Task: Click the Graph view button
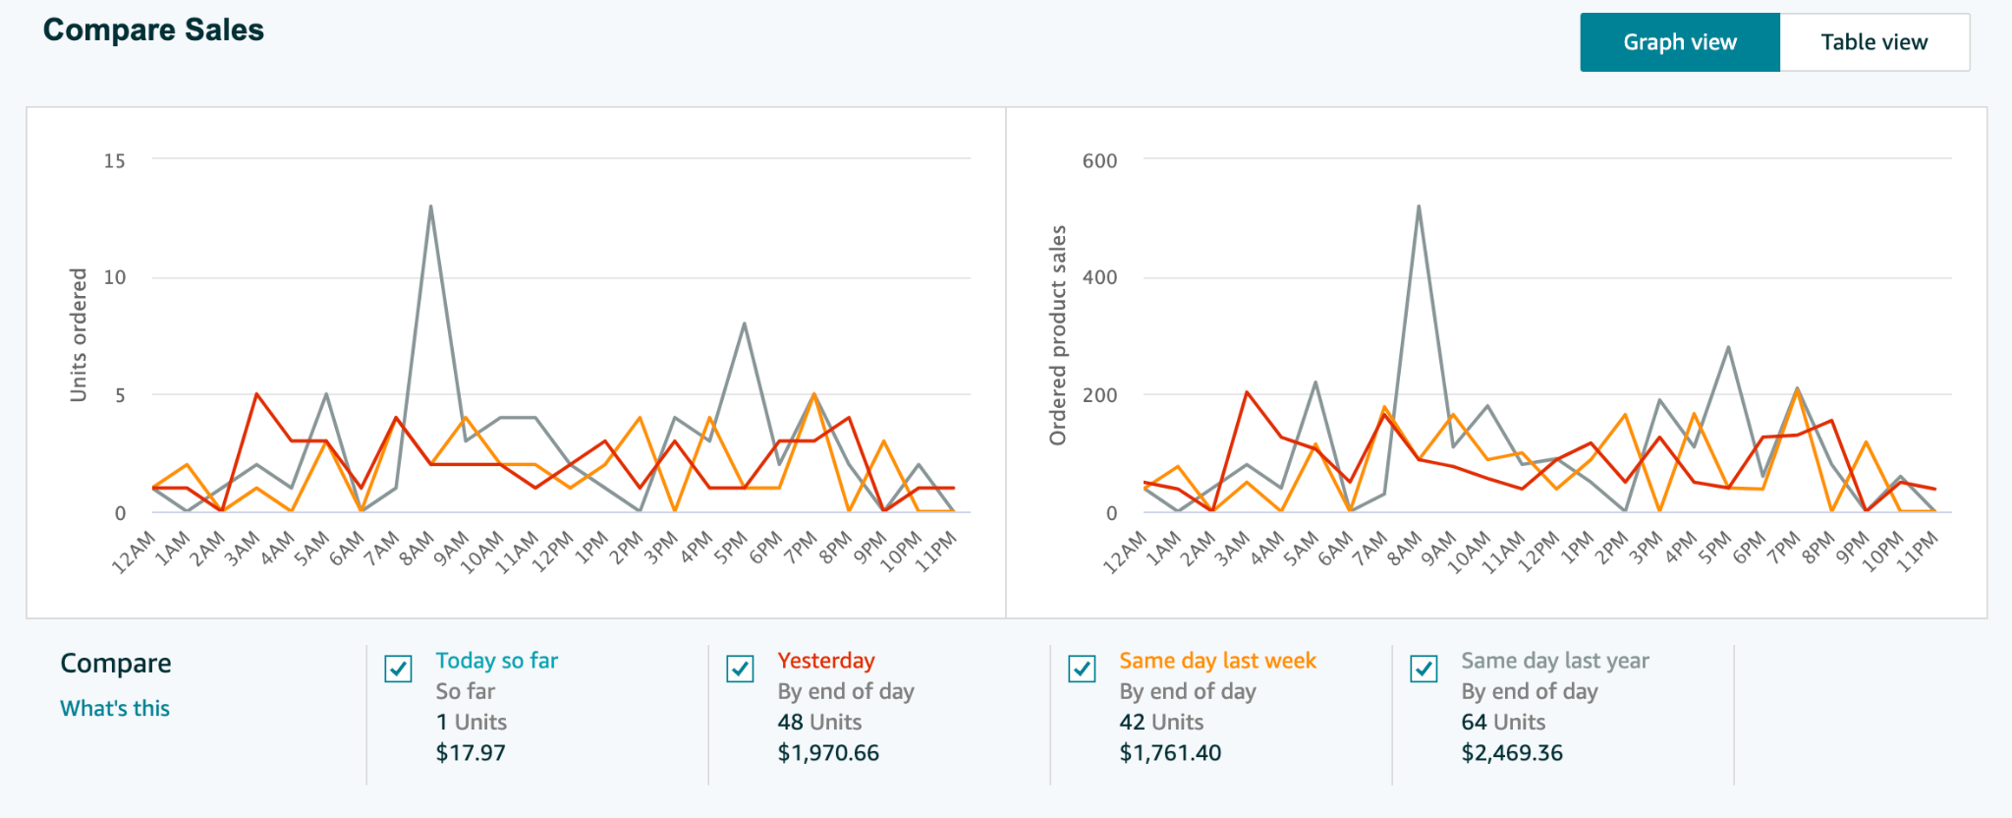point(1679,42)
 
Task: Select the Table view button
point(1873,42)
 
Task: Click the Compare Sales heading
point(153,30)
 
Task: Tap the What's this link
point(115,708)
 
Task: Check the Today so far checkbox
point(398,669)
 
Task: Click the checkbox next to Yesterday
point(740,669)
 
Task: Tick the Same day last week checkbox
point(1082,669)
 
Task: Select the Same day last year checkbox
point(1424,669)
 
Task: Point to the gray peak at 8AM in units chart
point(430,206)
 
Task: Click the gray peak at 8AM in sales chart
point(1419,206)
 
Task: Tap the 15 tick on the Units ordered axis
point(115,160)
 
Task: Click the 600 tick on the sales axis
point(1099,160)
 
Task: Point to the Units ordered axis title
point(79,334)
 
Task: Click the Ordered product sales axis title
point(1058,334)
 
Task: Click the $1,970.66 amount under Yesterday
point(828,753)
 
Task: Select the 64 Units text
point(1503,723)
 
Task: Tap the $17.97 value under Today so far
point(471,753)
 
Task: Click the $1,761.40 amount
point(1170,753)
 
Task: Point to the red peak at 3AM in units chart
point(256,394)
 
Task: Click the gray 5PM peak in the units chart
point(744,323)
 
